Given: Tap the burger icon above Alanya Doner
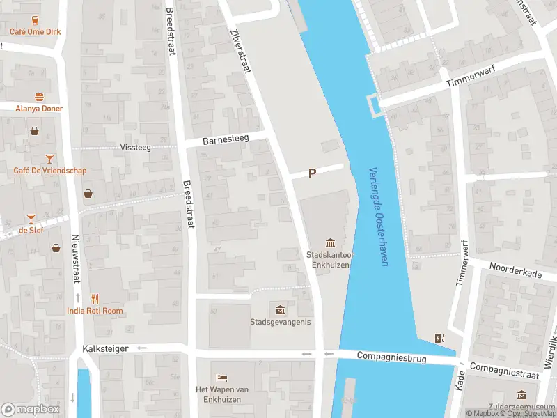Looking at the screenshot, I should pyautogui.click(x=39, y=98).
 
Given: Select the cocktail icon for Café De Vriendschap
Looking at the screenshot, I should pyautogui.click(x=49, y=160).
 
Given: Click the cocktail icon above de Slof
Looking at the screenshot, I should pyautogui.click(x=31, y=219).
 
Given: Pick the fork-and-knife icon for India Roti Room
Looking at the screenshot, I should pyautogui.click(x=95, y=300).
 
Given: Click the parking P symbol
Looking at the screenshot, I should pyautogui.click(x=313, y=173).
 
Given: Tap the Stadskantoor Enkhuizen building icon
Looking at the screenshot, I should pyautogui.click(x=331, y=242).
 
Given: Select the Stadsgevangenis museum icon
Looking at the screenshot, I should pyautogui.click(x=280, y=309).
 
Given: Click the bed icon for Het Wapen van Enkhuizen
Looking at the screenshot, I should pyautogui.click(x=221, y=377).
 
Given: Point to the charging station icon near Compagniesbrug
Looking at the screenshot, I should pyautogui.click(x=439, y=339).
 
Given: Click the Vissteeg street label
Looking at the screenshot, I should pyautogui.click(x=135, y=148).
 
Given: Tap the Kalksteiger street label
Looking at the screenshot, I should pyautogui.click(x=105, y=348).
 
